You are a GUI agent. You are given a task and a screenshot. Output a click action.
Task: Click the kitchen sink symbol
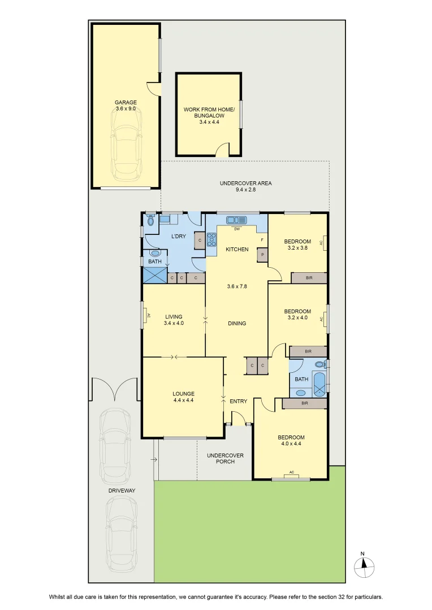(x=236, y=220)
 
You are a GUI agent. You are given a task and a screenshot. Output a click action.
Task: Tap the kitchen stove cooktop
(x=211, y=239)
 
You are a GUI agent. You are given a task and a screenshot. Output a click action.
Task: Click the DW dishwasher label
(x=237, y=229)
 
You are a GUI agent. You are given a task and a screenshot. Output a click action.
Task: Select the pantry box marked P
(x=262, y=255)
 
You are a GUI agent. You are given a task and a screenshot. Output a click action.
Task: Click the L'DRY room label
(x=179, y=236)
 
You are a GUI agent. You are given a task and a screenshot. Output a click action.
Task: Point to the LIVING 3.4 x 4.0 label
(x=174, y=320)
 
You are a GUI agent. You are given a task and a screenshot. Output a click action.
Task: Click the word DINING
(x=237, y=323)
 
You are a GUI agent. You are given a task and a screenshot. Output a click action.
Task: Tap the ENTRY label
(x=239, y=401)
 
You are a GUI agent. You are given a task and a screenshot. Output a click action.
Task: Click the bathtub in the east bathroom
(x=320, y=384)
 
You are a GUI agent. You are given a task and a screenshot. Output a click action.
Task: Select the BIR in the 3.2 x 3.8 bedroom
(x=309, y=278)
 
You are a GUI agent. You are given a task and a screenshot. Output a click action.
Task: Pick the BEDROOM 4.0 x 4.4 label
(x=291, y=441)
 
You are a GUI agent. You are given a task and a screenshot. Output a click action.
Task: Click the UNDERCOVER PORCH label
(x=225, y=458)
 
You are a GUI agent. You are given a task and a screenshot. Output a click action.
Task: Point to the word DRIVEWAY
(x=122, y=491)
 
